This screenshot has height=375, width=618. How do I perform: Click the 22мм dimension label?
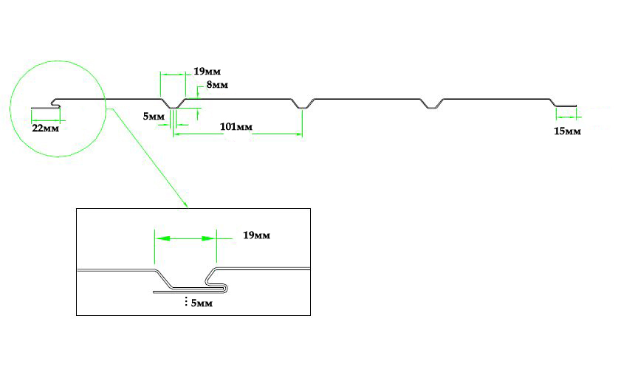point(45,128)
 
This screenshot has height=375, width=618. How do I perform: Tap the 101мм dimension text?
point(236,127)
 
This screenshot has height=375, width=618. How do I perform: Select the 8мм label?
point(217,86)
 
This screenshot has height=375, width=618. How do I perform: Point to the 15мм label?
point(567,131)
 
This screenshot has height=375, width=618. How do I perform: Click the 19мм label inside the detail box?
point(256,235)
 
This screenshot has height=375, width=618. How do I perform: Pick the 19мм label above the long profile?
point(207,72)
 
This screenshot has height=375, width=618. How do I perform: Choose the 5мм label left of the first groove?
point(154,116)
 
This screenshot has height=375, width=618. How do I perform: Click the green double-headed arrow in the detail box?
point(185,239)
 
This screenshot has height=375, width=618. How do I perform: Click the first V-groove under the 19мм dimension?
point(174,106)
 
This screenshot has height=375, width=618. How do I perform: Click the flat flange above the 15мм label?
point(566,106)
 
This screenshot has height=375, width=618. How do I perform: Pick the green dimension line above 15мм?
point(566,116)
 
